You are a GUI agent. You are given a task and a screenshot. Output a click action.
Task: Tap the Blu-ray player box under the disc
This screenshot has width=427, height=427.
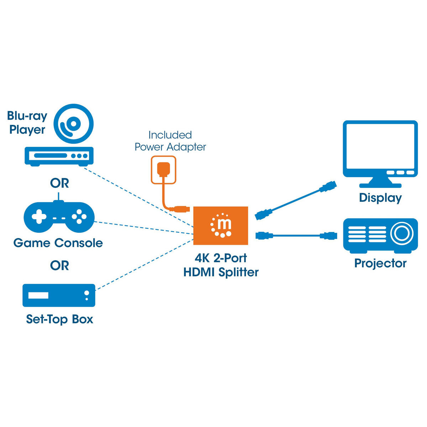tap(59, 156)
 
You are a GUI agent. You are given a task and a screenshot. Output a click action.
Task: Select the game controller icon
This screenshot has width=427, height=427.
tap(59, 216)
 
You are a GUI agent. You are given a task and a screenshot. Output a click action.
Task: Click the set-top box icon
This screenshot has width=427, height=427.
tap(59, 295)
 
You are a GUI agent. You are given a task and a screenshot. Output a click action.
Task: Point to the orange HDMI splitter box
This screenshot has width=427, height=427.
tap(221, 226)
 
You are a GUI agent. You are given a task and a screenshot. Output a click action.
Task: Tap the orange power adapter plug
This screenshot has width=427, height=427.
tap(163, 170)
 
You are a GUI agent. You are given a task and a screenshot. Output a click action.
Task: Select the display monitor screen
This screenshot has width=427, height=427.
tap(380, 147)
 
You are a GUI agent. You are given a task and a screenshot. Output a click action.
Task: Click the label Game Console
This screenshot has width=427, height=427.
tap(58, 243)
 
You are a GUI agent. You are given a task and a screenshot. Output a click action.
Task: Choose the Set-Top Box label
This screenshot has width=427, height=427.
tap(59, 319)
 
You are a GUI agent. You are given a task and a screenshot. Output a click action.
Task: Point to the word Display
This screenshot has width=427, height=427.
tap(380, 198)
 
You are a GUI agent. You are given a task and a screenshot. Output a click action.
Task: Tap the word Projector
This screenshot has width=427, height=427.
tap(380, 263)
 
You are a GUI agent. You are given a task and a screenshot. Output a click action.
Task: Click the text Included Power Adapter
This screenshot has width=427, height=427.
tap(170, 141)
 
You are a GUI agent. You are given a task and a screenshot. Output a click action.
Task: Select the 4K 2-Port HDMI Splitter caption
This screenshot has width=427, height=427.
tap(221, 265)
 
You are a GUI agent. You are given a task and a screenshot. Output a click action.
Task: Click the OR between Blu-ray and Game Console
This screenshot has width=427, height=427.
tap(59, 183)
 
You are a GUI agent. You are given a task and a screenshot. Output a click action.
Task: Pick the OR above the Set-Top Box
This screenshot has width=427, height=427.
tap(59, 265)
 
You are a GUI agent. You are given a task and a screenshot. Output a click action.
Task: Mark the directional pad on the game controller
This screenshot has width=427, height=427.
tap(39, 216)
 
